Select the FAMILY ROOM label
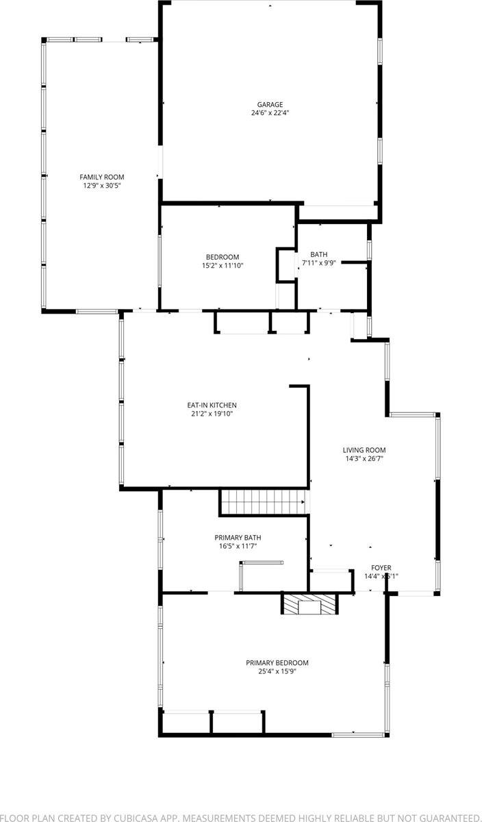(x=102, y=177)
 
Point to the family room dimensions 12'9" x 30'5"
(x=102, y=186)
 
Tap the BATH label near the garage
(x=318, y=254)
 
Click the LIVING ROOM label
(x=364, y=450)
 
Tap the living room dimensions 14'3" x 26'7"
(x=364, y=459)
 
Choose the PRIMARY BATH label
(x=238, y=538)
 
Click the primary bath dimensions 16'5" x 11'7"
(x=238, y=547)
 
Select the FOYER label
(x=381, y=568)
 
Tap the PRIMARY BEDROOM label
(x=277, y=662)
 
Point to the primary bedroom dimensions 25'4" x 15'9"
(x=277, y=671)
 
